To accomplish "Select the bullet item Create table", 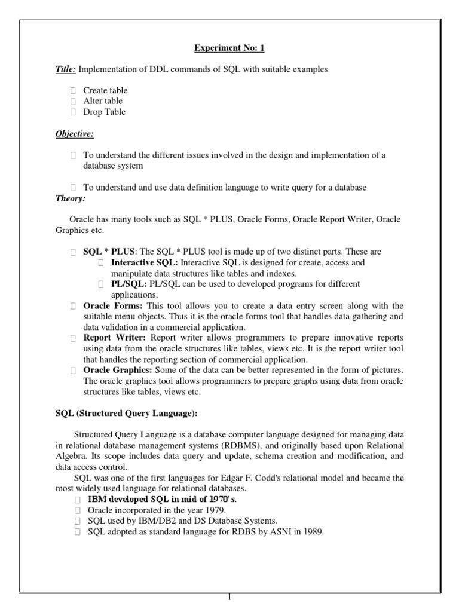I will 105,90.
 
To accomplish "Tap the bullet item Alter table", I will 102,101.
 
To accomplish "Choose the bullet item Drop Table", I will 104,112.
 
